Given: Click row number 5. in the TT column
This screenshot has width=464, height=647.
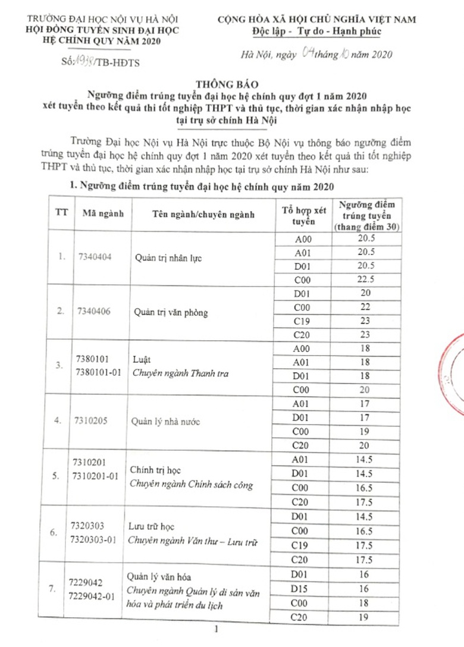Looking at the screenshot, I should pos(58,475).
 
